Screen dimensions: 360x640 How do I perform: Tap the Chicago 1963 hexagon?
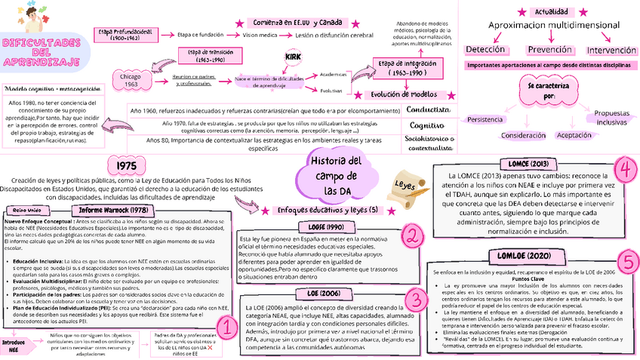tap(131, 79)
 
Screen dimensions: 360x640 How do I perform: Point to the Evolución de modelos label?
tap(408, 94)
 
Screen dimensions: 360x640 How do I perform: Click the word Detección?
tap(485, 50)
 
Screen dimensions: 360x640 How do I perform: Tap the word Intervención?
tap(611, 50)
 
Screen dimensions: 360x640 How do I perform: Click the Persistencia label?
tap(485, 120)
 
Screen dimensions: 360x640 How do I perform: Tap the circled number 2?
tap(412, 236)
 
